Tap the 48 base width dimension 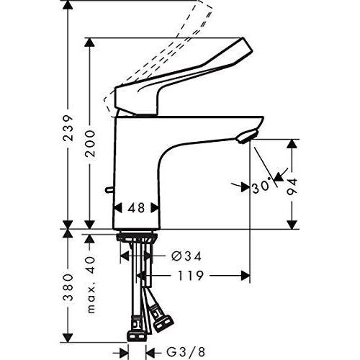pyautogui.click(x=135, y=207)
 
